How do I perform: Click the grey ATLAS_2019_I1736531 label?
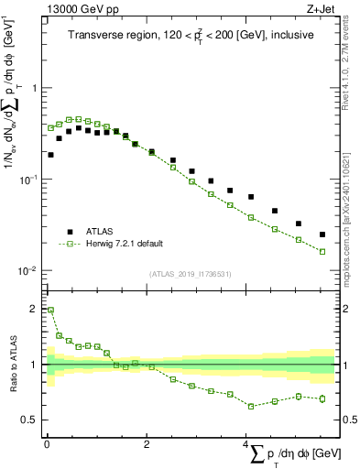[191, 274]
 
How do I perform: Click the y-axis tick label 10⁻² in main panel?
[26, 271]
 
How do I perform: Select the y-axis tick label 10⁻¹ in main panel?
[26, 180]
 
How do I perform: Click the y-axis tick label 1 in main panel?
[34, 89]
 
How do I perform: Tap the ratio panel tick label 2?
[34, 309]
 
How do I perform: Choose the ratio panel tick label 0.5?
[29, 420]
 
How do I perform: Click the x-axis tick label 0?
[47, 442]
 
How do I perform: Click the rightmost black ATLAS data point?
[322, 234]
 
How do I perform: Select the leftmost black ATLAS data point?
[50, 155]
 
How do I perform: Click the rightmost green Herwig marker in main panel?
[322, 251]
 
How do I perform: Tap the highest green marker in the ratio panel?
[50, 310]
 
